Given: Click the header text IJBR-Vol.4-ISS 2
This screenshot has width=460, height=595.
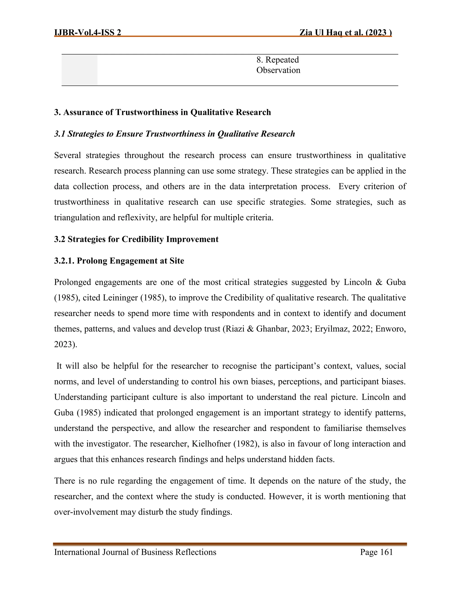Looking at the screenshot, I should point(87,33).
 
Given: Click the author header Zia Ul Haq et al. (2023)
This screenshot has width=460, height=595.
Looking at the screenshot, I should point(345,33).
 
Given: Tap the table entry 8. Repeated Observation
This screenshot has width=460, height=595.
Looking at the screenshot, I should point(278,65).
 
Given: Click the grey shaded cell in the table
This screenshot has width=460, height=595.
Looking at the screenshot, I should point(79,70).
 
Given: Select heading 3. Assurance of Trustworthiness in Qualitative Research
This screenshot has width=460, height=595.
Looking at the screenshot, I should point(162,112).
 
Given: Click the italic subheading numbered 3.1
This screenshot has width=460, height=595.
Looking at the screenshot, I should point(174,134).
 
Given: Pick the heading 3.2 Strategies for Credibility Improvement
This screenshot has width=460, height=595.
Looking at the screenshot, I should point(136,239).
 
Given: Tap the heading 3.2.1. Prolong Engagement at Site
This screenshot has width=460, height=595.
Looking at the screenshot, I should point(119,261).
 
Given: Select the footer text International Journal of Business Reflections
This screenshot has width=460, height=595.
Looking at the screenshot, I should point(135,552).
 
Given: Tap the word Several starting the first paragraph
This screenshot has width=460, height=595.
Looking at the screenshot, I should point(68,155).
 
